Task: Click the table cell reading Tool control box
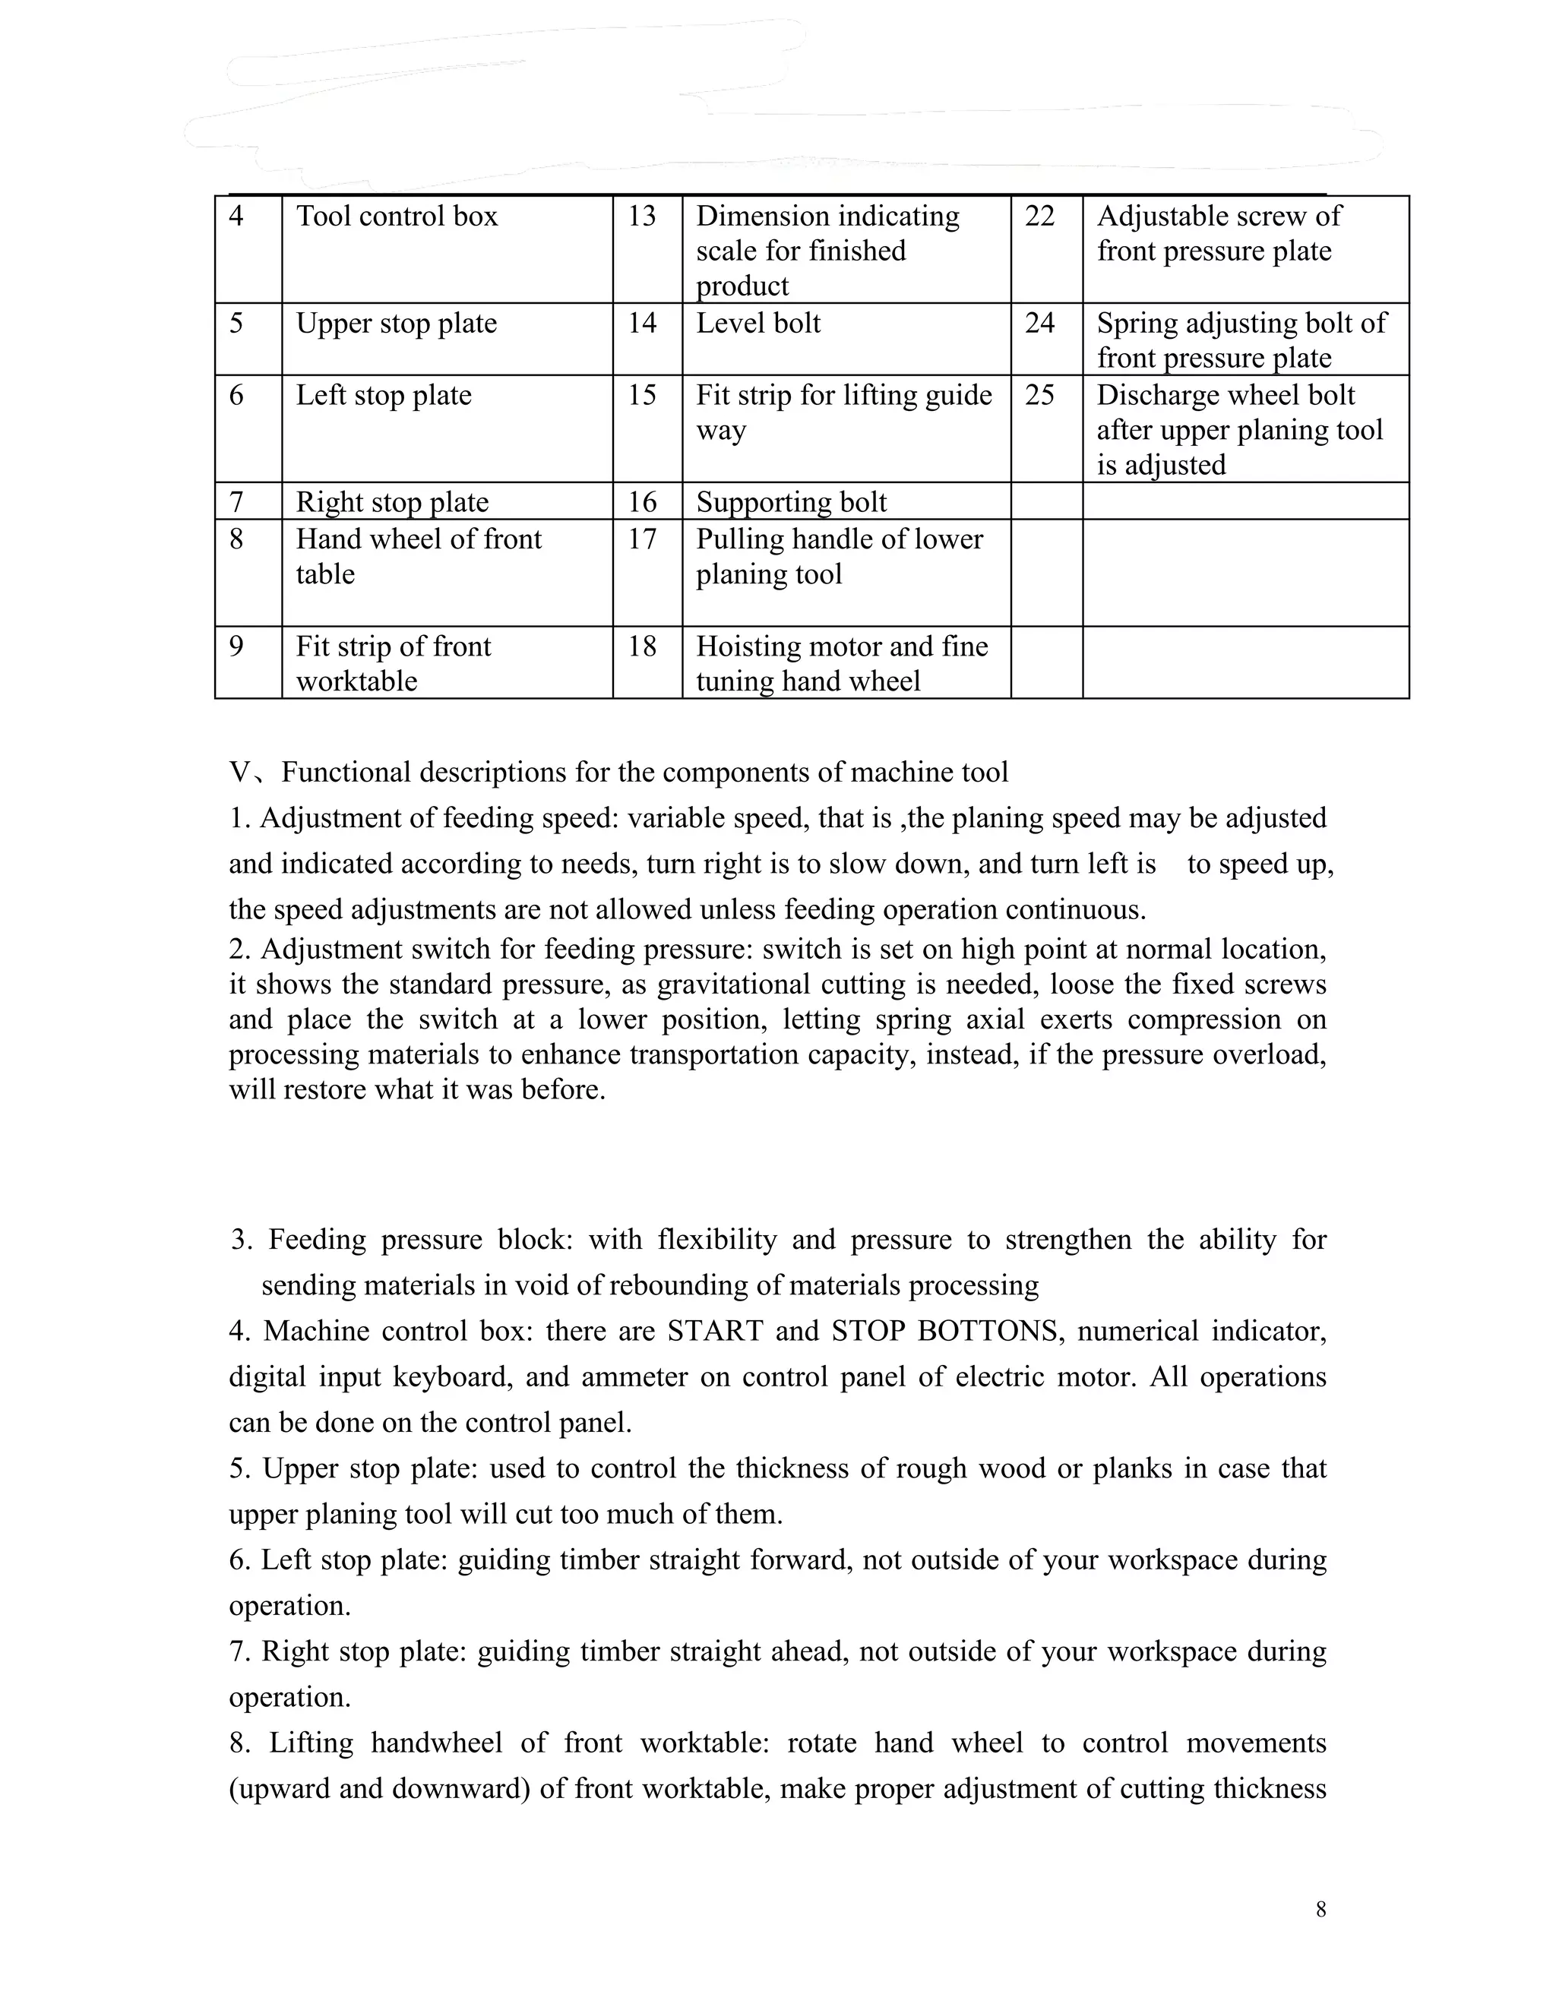tap(397, 216)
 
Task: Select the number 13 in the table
tap(641, 216)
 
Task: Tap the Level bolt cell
tap(757, 324)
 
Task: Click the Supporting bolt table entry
tap(791, 502)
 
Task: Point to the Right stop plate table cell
tap(392, 502)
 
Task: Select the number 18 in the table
tap(641, 646)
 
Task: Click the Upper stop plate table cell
tap(397, 324)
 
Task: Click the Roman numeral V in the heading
tap(239, 773)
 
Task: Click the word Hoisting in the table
tap(748, 646)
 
